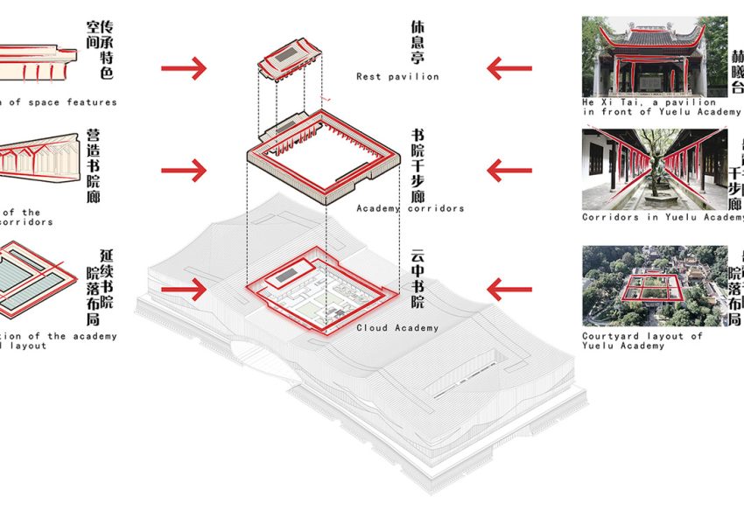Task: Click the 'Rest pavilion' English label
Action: (397, 77)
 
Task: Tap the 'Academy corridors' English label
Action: (410, 208)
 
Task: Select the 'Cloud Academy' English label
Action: (397, 328)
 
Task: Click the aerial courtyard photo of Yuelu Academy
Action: (655, 287)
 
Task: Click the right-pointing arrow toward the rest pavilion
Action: (185, 66)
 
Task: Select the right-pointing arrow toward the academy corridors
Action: (185, 170)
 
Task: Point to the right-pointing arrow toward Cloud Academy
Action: (185, 288)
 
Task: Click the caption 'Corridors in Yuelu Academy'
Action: (662, 217)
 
